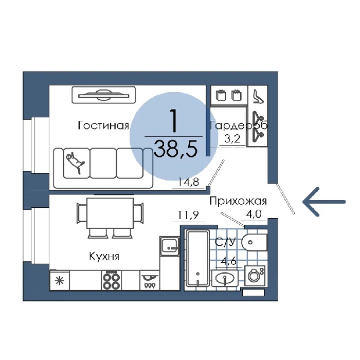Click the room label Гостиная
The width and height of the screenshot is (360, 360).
[103, 125]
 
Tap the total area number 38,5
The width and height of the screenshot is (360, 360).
[176, 149]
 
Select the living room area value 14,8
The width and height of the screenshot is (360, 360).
[189, 182]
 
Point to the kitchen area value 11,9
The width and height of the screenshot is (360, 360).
[188, 215]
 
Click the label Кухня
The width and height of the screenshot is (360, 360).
[104, 256]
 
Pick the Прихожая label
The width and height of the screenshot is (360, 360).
[238, 201]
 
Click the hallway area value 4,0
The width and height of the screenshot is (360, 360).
[254, 214]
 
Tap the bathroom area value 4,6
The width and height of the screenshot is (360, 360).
[229, 261]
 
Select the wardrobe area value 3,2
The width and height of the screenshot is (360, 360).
[232, 139]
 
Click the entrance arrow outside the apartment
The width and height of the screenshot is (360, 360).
[324, 202]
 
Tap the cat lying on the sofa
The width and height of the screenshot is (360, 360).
[76, 163]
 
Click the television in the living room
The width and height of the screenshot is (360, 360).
[103, 95]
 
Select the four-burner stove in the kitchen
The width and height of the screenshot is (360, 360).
[112, 281]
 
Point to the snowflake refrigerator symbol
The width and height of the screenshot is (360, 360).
[60, 281]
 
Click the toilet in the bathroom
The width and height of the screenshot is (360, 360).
[255, 242]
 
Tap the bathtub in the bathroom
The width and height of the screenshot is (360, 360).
[198, 258]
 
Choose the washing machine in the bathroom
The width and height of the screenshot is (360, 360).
[255, 276]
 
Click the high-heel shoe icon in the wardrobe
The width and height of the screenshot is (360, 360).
[258, 97]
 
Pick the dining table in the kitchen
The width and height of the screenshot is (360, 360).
[110, 213]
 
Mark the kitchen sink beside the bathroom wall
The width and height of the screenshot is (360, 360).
[170, 246]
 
